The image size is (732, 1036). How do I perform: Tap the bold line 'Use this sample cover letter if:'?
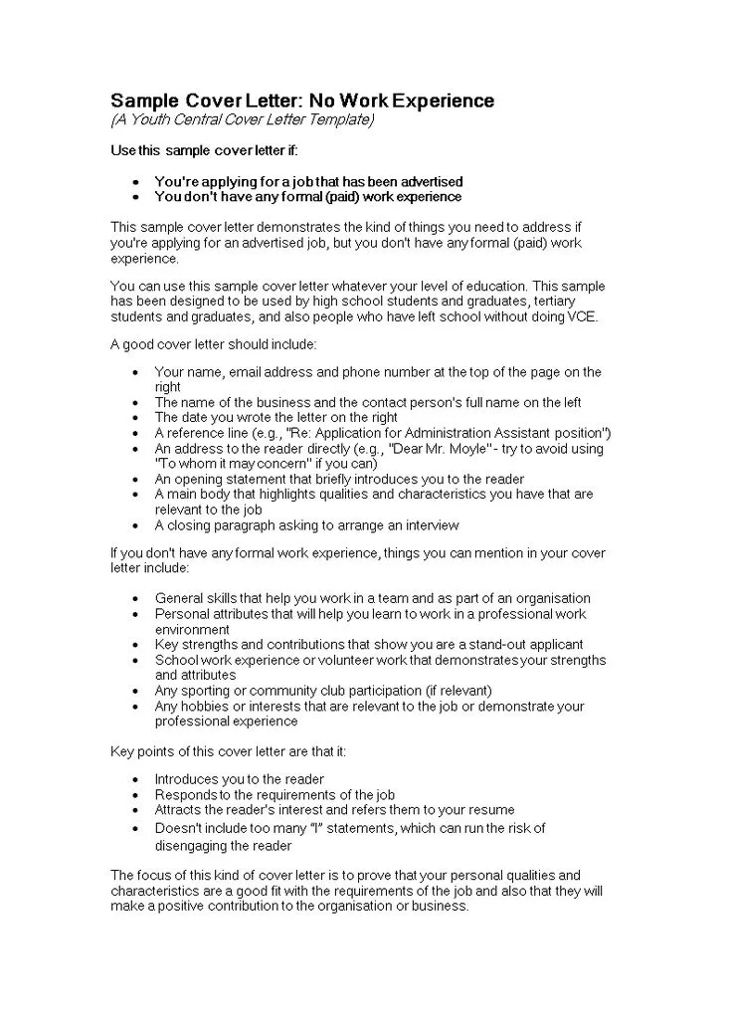(x=204, y=150)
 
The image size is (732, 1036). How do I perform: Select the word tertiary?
(x=553, y=301)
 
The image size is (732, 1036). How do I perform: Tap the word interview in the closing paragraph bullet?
(x=431, y=525)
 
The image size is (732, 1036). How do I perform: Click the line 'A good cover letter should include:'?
(x=214, y=344)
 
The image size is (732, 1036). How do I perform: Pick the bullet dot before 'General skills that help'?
(x=136, y=599)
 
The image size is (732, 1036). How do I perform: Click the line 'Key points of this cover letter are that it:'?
(x=229, y=750)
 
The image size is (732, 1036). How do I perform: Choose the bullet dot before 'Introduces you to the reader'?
(x=136, y=779)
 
